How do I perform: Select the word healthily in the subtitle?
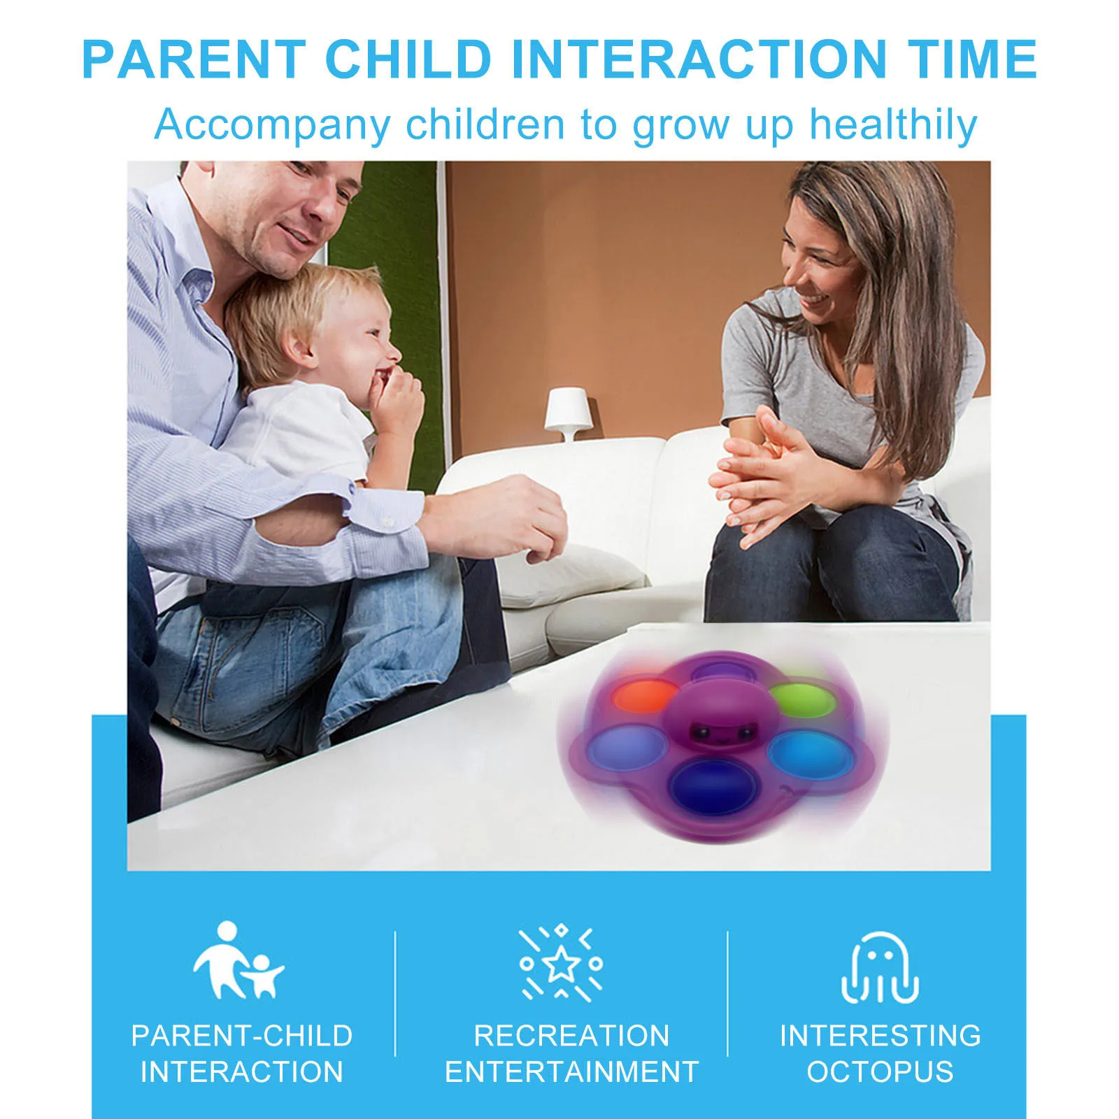[x=893, y=126]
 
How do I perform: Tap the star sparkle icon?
[x=560, y=964]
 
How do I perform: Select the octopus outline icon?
[x=880, y=968]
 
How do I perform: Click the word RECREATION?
[x=571, y=1036]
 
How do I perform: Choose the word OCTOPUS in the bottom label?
[x=880, y=1072]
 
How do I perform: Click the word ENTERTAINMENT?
[x=571, y=1072]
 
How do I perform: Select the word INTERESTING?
[x=881, y=1036]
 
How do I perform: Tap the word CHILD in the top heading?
[x=409, y=59]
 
